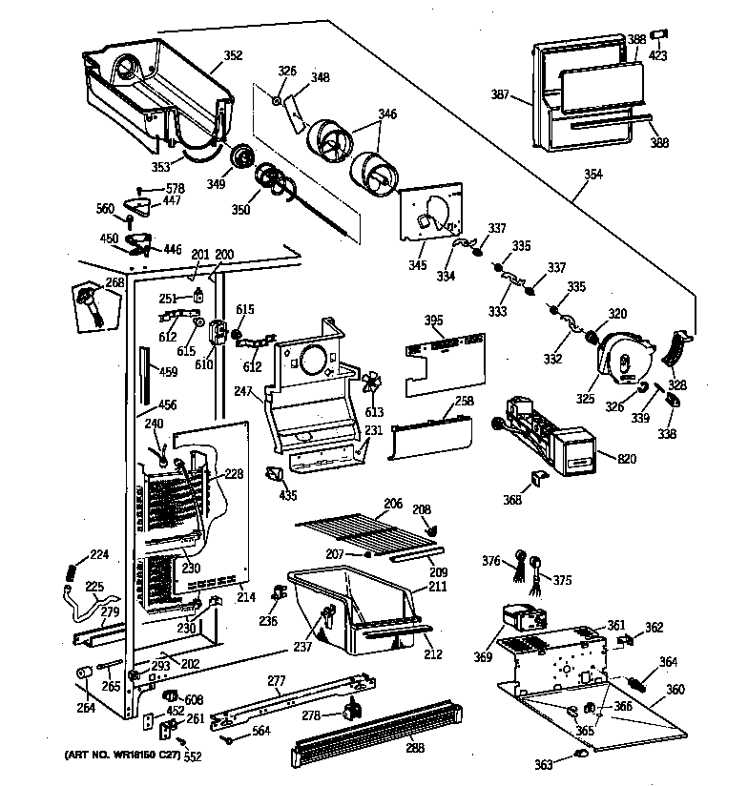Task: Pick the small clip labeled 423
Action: pos(659,36)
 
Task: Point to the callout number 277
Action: pos(277,681)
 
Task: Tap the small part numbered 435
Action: pos(275,474)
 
